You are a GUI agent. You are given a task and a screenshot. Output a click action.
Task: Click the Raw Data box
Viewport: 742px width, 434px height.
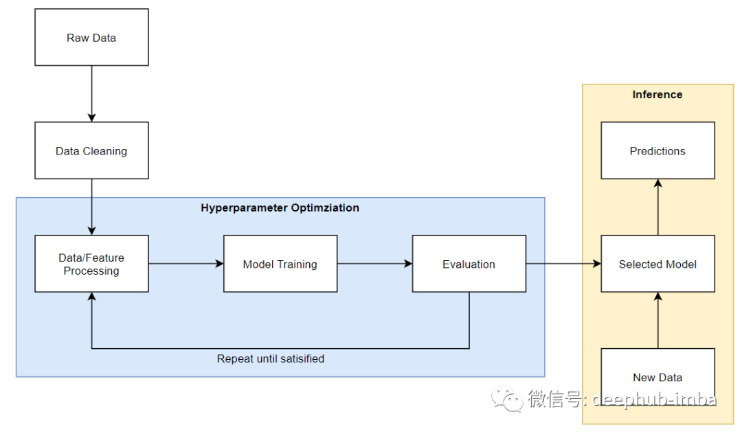point(91,37)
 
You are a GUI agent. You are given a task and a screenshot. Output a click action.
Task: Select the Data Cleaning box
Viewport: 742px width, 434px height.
point(91,150)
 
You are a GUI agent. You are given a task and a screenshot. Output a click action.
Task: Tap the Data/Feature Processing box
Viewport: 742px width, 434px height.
point(91,264)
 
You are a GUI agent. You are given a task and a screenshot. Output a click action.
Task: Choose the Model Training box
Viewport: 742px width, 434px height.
point(280,264)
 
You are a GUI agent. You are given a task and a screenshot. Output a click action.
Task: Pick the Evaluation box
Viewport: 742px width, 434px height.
point(469,264)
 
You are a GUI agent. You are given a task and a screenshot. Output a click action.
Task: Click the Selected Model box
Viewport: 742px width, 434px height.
point(657,264)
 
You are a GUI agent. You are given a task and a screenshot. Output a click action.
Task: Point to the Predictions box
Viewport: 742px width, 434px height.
point(657,150)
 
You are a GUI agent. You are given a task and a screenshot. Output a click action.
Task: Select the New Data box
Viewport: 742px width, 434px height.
point(657,377)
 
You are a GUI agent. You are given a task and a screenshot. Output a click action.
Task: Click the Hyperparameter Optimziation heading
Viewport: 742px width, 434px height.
point(280,208)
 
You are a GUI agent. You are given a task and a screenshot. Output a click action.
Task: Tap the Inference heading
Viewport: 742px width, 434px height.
point(657,95)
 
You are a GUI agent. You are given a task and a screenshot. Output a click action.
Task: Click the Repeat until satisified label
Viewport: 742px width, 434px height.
point(271,359)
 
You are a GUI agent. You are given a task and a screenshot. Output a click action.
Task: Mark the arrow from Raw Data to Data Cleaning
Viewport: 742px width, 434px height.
point(91,93)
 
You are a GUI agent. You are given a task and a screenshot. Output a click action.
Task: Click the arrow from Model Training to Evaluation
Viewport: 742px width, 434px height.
point(375,264)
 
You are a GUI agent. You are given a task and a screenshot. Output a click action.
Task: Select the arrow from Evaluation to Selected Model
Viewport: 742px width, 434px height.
point(563,264)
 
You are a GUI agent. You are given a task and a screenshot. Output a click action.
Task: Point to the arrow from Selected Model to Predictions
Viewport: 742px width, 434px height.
point(657,207)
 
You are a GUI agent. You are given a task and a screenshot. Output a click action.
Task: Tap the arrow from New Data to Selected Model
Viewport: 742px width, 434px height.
point(657,320)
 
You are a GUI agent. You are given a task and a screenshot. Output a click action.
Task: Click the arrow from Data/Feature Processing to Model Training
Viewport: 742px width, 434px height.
point(186,264)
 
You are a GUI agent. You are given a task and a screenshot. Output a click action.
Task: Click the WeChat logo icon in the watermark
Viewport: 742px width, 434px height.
point(507,399)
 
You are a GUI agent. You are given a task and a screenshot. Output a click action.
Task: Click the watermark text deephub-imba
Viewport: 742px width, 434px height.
point(655,400)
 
